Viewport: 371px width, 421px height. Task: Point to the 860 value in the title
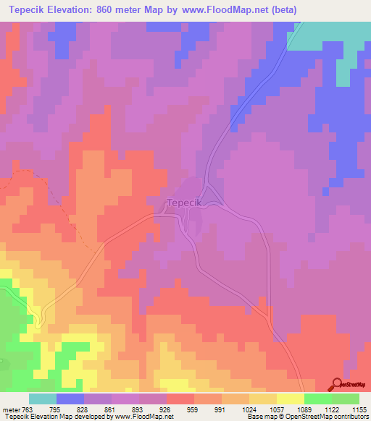pos(127,11)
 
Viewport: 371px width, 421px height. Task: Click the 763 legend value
pos(27,409)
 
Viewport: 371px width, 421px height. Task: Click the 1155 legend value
pos(359,409)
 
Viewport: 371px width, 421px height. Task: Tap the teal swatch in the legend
pos(42,399)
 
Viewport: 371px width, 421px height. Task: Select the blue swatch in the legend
pos(70,399)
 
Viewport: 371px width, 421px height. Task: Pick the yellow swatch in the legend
pos(291,399)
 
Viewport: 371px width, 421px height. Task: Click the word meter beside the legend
pos(10,409)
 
